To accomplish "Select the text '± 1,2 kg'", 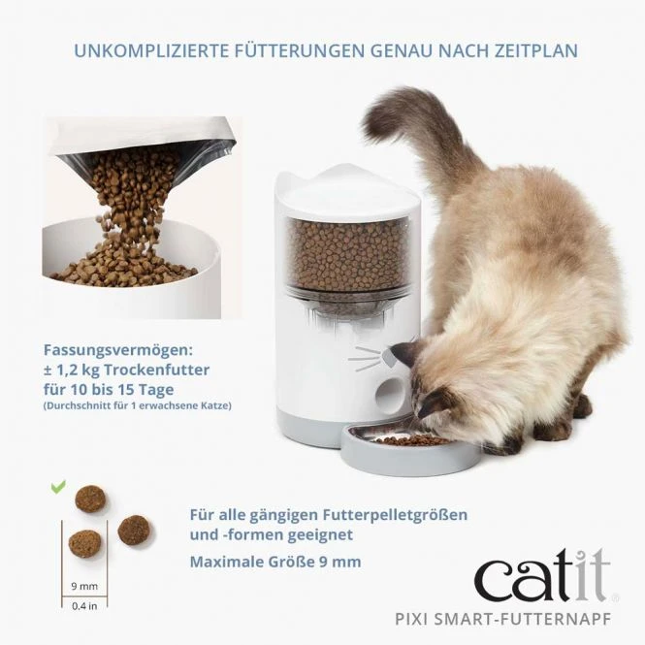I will pos(71,371).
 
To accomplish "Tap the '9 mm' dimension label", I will pos(84,586).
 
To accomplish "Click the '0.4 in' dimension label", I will pos(84,606).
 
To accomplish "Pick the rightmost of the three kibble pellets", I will pos(132,529).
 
